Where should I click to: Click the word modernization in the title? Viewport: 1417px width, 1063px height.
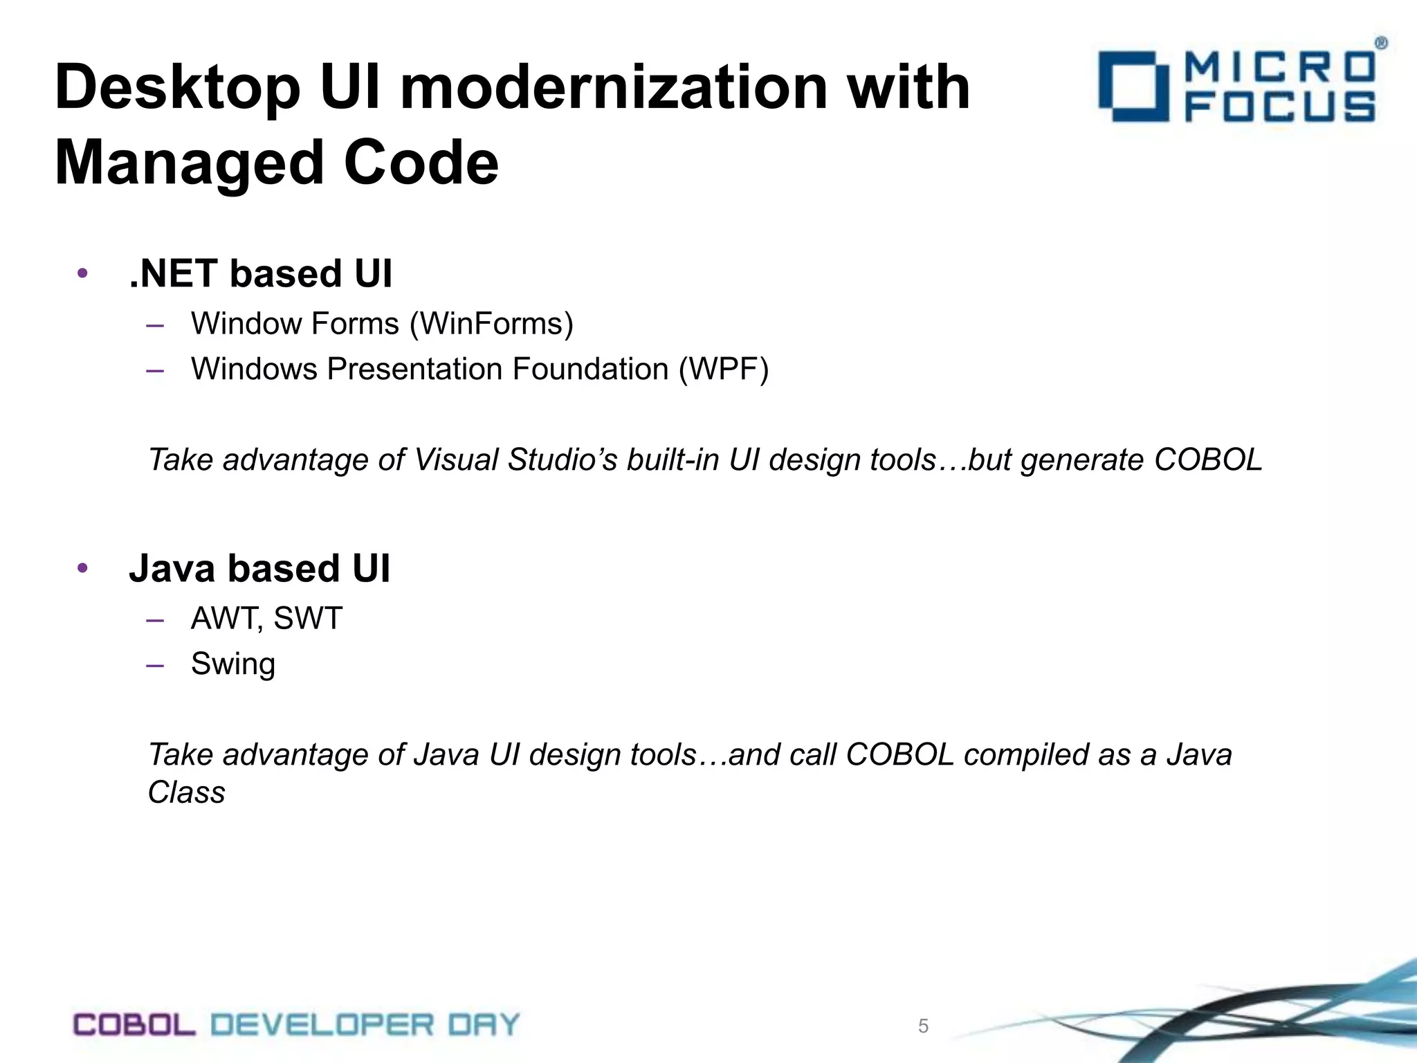[x=614, y=88]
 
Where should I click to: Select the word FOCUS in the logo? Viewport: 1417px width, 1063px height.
[x=1279, y=109]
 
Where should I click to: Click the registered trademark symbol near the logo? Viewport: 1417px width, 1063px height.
[x=1380, y=44]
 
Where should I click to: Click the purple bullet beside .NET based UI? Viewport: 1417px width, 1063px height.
[x=82, y=273]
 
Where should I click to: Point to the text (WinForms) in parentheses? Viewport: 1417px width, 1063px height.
[x=491, y=324]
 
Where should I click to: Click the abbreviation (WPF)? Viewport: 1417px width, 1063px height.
[x=723, y=369]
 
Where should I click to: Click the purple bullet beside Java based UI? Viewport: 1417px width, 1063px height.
[x=82, y=569]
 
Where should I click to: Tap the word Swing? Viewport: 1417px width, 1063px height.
[x=233, y=664]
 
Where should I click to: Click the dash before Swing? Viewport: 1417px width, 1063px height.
[x=155, y=664]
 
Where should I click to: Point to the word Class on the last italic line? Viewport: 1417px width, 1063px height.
[x=186, y=792]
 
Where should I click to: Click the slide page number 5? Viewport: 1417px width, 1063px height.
[x=923, y=1026]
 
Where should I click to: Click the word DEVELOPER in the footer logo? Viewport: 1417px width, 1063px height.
[x=322, y=1025]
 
